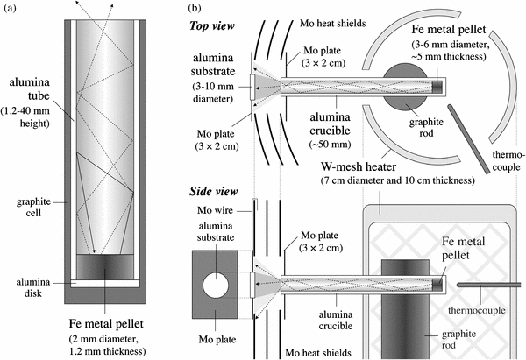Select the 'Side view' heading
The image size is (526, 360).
click(217, 190)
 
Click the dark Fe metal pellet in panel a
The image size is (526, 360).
click(103, 265)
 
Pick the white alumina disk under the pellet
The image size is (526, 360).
click(103, 282)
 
